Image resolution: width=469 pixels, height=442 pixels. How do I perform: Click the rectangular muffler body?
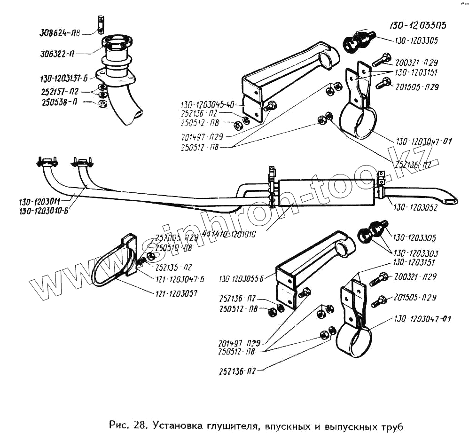(327, 193)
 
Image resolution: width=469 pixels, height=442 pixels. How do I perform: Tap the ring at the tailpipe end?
(452, 201)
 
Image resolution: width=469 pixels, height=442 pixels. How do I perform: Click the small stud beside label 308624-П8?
(101, 24)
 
